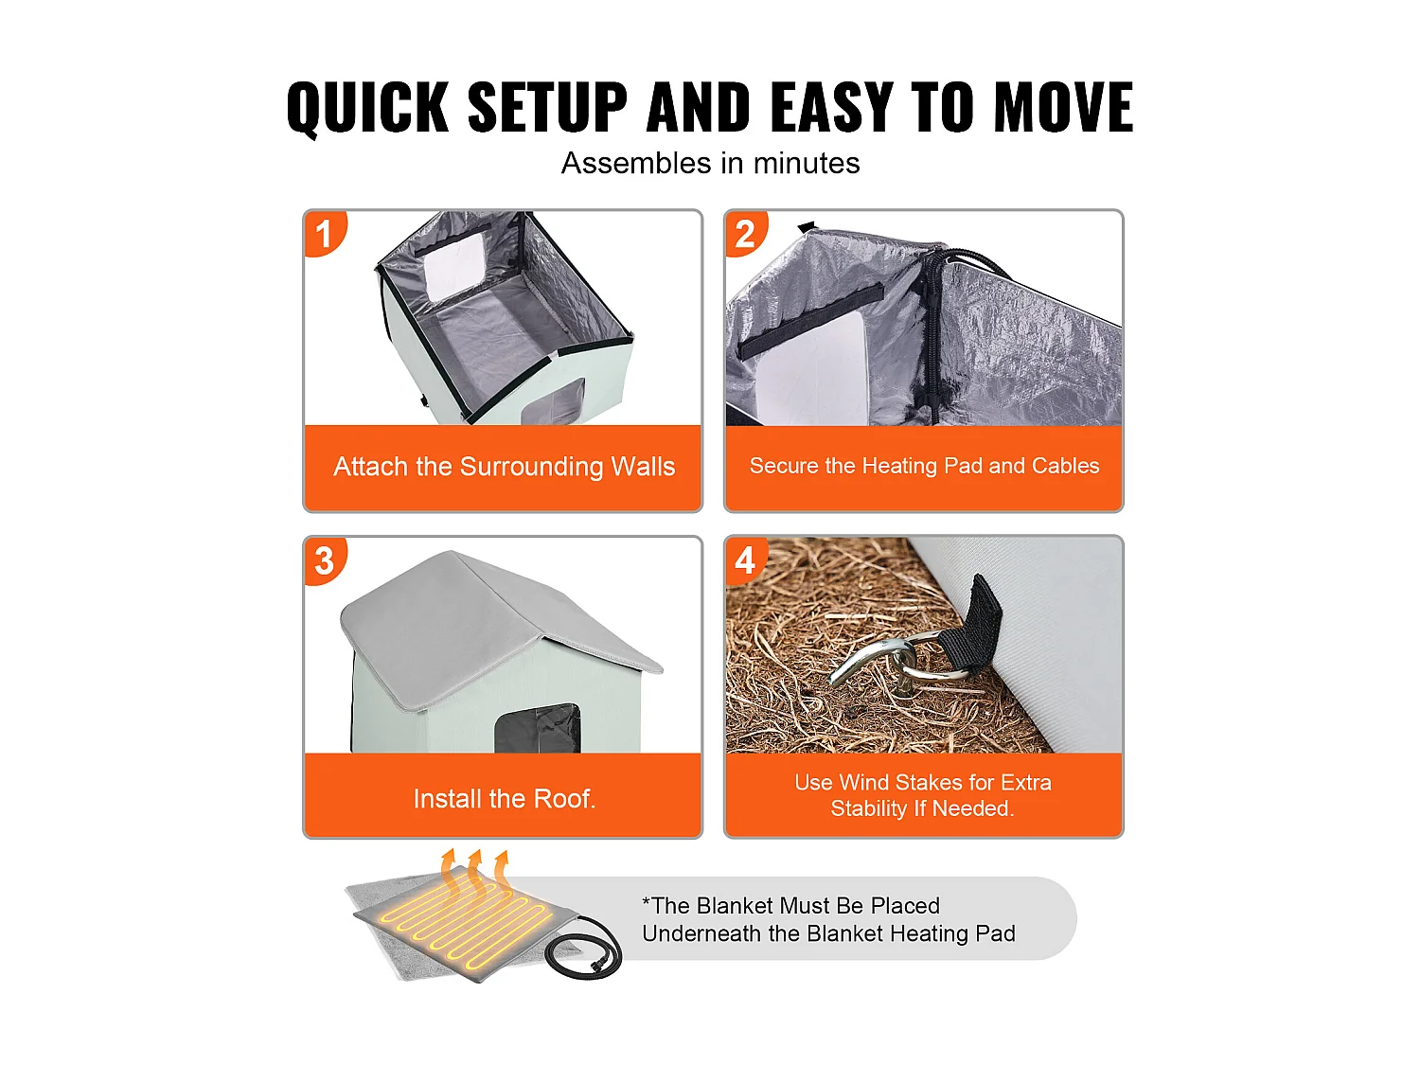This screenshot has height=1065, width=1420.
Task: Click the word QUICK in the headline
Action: (367, 107)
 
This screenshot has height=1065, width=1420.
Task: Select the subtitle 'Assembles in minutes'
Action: (710, 163)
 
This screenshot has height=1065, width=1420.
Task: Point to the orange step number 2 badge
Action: (746, 233)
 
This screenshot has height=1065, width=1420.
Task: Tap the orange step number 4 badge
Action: (746, 560)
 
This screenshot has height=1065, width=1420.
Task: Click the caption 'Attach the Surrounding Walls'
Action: (504, 466)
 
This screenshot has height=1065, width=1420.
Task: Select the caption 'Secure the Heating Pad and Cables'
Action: (924, 466)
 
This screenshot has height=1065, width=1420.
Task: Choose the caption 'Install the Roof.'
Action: (504, 799)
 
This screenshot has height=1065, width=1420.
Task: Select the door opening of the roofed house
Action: (537, 728)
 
